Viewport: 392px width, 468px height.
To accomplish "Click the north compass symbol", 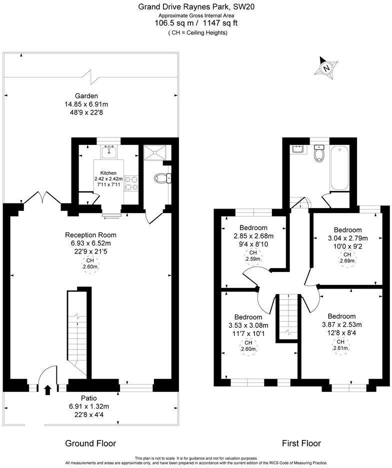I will pos(326,67).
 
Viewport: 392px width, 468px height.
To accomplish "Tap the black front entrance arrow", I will pos(48,389).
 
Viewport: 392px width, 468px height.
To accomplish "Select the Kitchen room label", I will pos(108,173).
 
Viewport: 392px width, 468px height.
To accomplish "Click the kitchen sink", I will pos(108,151).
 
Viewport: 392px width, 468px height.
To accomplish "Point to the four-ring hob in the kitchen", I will pos(130,182).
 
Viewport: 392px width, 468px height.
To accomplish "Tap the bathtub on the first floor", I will pos(339,167).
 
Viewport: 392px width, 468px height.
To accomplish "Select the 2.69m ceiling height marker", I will pos(347,257).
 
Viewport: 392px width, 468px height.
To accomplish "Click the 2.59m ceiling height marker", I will pos(252,256).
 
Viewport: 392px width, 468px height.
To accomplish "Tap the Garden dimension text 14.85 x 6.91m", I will pos(86,104).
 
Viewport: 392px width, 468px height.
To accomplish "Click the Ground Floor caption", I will pos(90,443).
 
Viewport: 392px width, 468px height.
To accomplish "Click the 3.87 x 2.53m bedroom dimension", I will pos(341,324).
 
